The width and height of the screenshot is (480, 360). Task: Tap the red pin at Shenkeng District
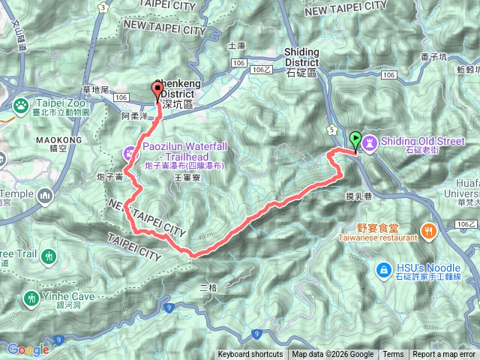coord(157,91)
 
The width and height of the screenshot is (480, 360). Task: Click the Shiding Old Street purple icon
coord(370,141)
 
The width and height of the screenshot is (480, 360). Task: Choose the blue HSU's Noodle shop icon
coord(382,268)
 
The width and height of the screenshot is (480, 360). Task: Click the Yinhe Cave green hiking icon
coord(31,298)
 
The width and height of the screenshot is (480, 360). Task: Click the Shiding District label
coord(301,56)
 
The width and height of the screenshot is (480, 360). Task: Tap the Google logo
coord(28,349)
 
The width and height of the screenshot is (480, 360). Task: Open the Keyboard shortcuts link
coord(250,355)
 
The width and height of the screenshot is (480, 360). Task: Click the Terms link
coord(393,355)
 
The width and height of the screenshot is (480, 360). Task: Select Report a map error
coord(444,355)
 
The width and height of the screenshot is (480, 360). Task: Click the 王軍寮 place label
coord(187,178)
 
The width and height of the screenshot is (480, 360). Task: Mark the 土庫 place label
coord(237,45)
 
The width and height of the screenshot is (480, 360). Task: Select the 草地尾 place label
coord(96,91)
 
